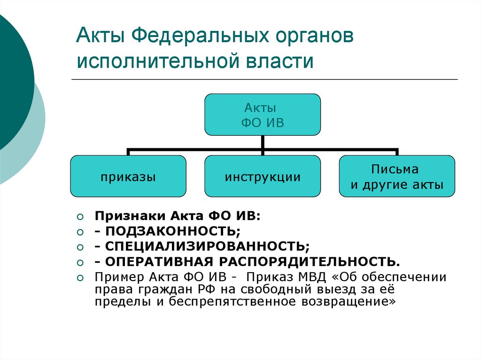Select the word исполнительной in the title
coord(156,61)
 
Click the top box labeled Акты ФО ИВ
coord(263,115)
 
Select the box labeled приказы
coord(128,176)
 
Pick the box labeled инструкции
coord(263,176)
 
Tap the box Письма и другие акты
coord(397,176)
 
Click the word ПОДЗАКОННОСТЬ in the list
coord(172,231)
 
